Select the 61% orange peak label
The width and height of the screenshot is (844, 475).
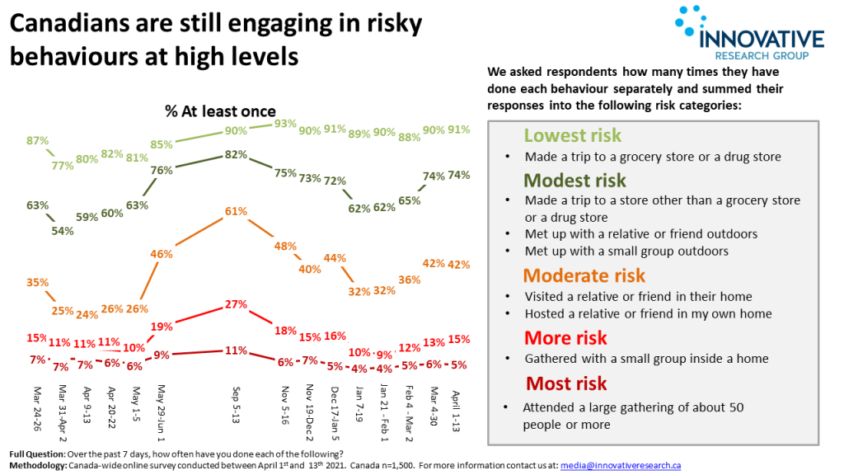237,212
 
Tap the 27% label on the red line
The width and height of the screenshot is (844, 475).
237,304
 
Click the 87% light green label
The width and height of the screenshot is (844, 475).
37,141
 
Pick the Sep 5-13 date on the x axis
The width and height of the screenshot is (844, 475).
237,404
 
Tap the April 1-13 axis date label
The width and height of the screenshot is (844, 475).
457,407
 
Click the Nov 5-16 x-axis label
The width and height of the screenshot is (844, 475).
286,406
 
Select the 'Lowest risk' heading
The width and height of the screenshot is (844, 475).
573,136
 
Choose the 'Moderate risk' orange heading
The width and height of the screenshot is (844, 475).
584,275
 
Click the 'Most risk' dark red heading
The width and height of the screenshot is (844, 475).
566,383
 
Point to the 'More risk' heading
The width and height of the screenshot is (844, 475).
565,338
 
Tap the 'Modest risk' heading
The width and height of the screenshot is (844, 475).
575,181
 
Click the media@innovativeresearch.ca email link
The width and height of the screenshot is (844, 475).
620,466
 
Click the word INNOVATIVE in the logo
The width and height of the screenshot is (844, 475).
761,40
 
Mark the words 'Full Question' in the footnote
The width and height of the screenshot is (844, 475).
36,455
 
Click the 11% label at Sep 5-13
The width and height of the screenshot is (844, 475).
237,350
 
